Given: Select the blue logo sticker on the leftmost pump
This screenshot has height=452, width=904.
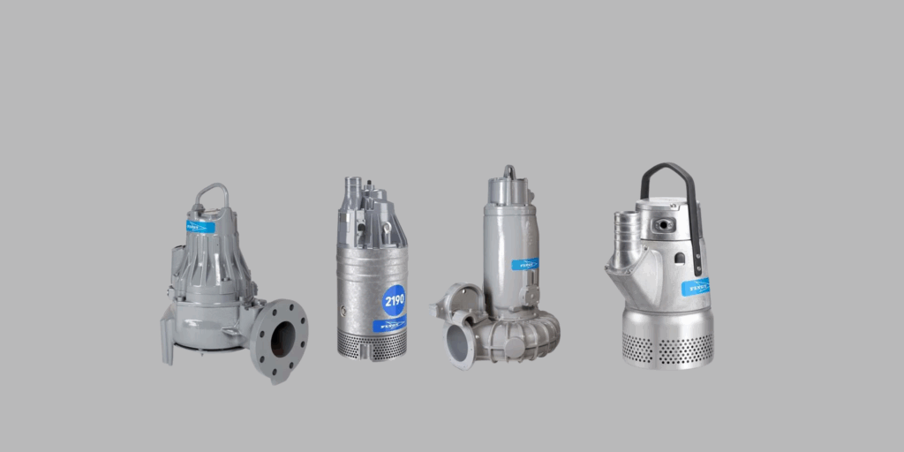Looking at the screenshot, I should coord(200,227).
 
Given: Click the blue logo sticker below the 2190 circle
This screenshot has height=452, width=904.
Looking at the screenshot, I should coord(388,326).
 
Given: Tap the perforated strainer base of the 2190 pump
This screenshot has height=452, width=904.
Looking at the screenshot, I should coord(372,347).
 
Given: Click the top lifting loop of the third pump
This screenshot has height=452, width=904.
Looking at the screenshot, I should coord(508,170).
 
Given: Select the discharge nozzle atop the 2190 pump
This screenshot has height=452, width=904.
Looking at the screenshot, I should coord(352,190).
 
